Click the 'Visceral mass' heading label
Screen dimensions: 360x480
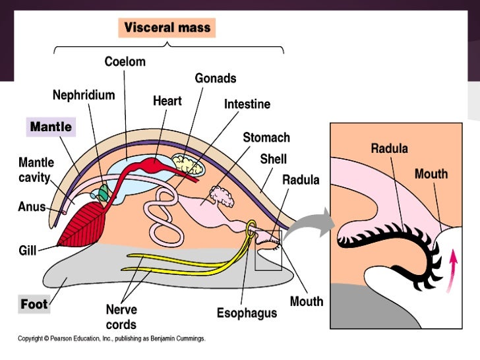coord(167,28)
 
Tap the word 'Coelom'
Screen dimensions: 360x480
coord(125,62)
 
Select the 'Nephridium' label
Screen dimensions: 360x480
coord(84,95)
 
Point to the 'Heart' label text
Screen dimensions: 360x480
coord(167,101)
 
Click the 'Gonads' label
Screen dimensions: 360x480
coord(215,78)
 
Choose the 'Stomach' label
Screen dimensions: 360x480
coord(266,138)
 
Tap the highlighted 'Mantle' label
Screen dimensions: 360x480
coord(50,126)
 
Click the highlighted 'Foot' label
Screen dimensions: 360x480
coord(34,304)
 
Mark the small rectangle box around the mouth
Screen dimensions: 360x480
coord(268,251)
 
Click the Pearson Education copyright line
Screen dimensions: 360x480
coord(111,339)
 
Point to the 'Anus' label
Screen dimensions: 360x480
coord(32,206)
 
